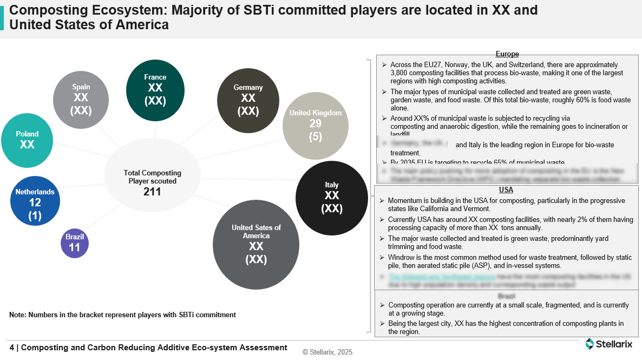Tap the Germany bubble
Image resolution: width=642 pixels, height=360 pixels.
(x=248, y=100)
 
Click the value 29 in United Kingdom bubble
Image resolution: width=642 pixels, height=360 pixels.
(x=316, y=124)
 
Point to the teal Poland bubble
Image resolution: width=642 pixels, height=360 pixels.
(x=27, y=140)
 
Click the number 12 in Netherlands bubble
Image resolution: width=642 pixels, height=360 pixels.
(x=35, y=203)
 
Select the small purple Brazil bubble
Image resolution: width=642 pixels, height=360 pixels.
(x=75, y=244)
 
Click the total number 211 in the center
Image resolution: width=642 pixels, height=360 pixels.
(x=152, y=192)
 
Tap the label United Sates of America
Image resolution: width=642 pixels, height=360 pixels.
(x=256, y=232)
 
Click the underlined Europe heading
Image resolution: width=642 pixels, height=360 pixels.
(x=507, y=54)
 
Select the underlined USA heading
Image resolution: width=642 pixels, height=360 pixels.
(x=506, y=190)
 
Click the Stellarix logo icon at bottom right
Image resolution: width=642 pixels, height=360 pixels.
(x=590, y=343)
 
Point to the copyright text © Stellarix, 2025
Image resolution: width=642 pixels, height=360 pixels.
(x=327, y=352)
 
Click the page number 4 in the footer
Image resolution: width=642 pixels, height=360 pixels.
(x=12, y=348)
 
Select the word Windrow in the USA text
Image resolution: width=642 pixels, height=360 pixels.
(x=401, y=257)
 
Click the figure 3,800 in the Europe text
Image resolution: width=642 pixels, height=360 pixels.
(x=401, y=73)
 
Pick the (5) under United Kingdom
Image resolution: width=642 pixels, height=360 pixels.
(x=316, y=136)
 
